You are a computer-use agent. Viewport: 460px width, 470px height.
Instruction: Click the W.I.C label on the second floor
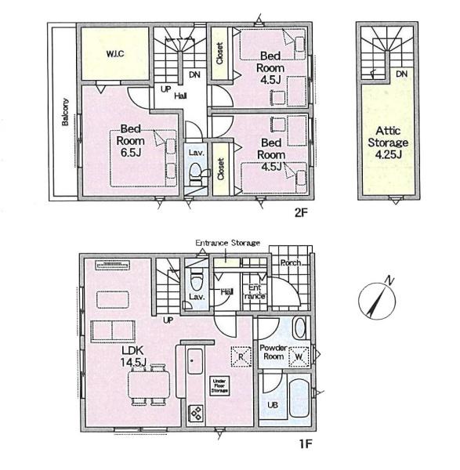click(115, 54)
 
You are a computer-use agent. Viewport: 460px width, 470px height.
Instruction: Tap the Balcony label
click(65, 111)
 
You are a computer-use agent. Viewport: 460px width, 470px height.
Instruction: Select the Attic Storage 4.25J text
click(388, 143)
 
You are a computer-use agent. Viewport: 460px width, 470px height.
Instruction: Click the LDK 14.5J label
click(133, 356)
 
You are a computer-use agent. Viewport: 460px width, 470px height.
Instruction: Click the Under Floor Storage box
click(219, 386)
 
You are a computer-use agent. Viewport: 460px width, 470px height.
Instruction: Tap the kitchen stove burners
click(196, 414)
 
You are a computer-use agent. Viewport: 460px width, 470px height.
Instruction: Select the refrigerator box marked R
click(241, 356)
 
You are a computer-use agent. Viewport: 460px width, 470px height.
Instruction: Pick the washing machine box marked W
click(299, 356)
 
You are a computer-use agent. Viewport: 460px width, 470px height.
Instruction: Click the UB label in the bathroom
click(273, 405)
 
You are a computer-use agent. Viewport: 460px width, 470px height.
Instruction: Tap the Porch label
click(291, 263)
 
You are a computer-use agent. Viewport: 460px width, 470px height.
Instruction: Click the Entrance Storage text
click(227, 243)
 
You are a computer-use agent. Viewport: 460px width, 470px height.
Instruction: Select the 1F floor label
click(306, 443)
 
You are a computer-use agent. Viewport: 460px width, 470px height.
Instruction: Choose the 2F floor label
click(301, 213)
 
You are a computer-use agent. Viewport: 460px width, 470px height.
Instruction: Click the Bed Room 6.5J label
click(130, 141)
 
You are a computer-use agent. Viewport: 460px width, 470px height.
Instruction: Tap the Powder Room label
click(273, 352)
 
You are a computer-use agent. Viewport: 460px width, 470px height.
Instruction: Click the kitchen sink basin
click(195, 361)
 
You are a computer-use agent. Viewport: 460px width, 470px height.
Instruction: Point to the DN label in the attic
click(401, 74)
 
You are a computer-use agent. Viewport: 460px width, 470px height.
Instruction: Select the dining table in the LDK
click(149, 385)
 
